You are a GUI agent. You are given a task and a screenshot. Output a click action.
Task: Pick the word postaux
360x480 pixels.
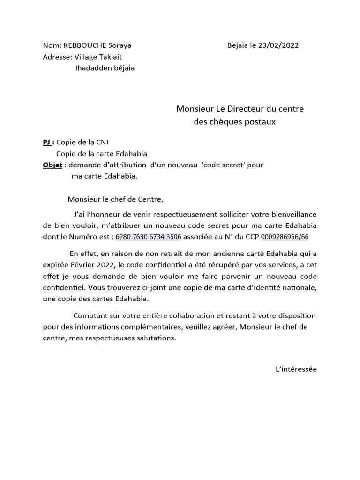(x=262, y=122)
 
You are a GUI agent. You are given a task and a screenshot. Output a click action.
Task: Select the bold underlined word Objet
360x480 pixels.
(x=52, y=165)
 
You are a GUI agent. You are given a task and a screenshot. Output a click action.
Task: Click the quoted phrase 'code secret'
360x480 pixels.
(x=221, y=165)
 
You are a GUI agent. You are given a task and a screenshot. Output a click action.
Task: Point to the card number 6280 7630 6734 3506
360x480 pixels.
(x=148, y=237)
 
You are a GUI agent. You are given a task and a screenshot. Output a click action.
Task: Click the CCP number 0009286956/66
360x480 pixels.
(x=285, y=237)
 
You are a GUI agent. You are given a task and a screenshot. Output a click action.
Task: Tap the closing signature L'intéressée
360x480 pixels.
(x=296, y=369)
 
